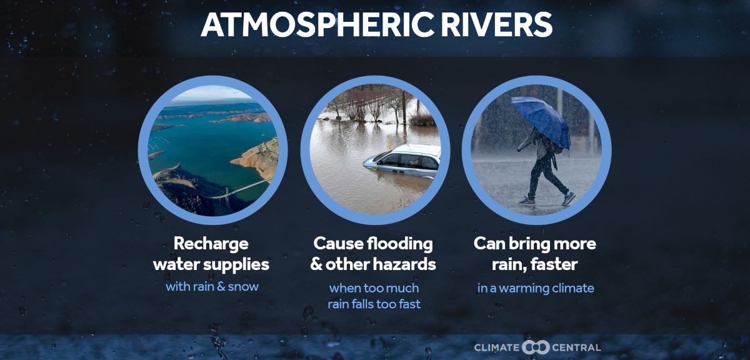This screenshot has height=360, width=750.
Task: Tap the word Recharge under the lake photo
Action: click(x=211, y=244)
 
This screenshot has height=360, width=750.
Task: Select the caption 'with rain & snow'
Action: click(x=212, y=287)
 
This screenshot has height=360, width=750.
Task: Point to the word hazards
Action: click(x=404, y=264)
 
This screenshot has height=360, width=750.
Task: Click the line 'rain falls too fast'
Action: click(x=374, y=304)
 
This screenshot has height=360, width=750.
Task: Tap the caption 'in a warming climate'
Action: click(x=536, y=288)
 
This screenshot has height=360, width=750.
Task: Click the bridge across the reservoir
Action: click(x=241, y=189)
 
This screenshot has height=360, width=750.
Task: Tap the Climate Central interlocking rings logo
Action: click(x=536, y=347)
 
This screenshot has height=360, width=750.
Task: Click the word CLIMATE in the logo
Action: click(x=497, y=347)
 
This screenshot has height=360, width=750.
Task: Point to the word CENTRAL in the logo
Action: click(x=576, y=347)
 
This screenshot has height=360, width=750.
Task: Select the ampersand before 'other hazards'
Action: click(x=316, y=264)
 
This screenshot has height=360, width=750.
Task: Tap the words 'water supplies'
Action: click(x=211, y=264)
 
